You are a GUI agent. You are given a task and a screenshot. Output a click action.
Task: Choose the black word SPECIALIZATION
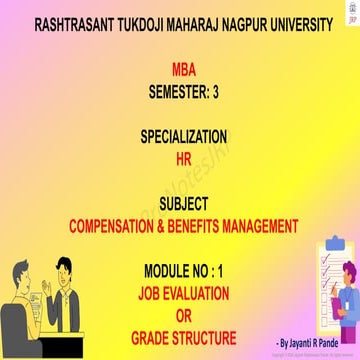pyautogui.click(x=184, y=135)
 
